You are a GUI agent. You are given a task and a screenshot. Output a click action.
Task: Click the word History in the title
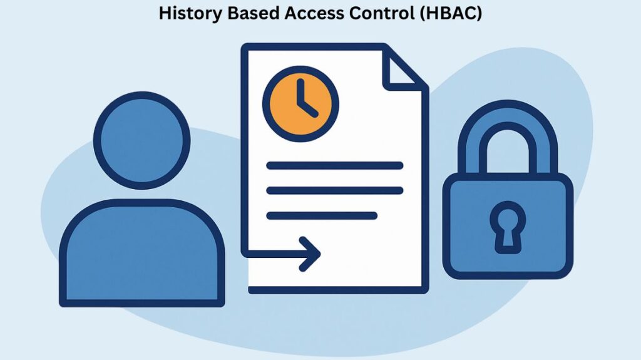tap(190, 14)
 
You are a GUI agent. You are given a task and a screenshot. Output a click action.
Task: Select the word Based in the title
tap(253, 13)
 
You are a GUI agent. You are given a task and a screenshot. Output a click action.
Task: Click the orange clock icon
tap(300, 104)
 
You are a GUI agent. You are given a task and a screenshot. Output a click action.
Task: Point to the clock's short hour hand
tap(309, 108)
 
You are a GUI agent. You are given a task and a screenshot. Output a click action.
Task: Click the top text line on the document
tap(335, 165)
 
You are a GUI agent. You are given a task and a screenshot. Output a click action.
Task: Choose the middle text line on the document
tap(335, 190)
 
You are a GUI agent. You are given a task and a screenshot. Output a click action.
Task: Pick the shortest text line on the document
tap(322, 215)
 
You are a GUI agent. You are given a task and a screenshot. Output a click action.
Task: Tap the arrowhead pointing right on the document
tap(310, 254)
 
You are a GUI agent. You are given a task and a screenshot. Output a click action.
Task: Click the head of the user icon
tap(142, 140)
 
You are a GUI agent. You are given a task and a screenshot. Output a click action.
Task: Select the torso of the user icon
tap(142, 253)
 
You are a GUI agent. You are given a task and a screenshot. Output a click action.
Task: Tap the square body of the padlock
tap(508, 226)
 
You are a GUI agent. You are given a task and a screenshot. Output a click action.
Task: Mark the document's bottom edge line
tap(339, 291)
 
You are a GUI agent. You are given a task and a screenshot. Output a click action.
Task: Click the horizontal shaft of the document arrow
tap(279, 254)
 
